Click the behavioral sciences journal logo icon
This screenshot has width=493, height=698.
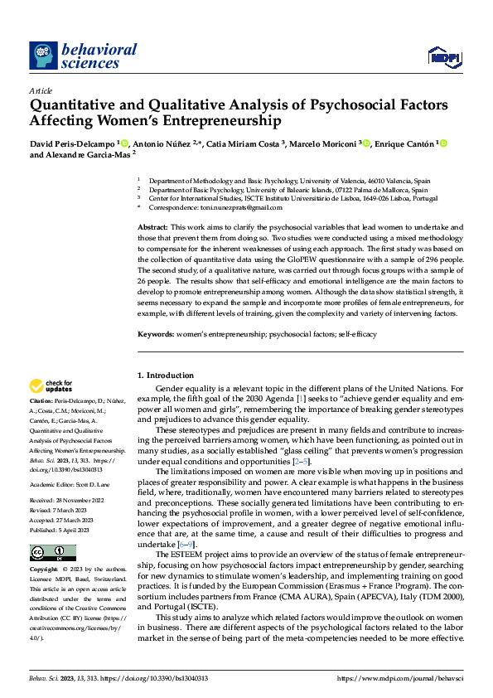pyautogui.click(x=42, y=56)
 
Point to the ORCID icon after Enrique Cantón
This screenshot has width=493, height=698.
pyautogui.click(x=443, y=143)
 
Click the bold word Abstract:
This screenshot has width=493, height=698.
pyautogui.click(x=152, y=226)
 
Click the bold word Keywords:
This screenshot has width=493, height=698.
pyautogui.click(x=155, y=334)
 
